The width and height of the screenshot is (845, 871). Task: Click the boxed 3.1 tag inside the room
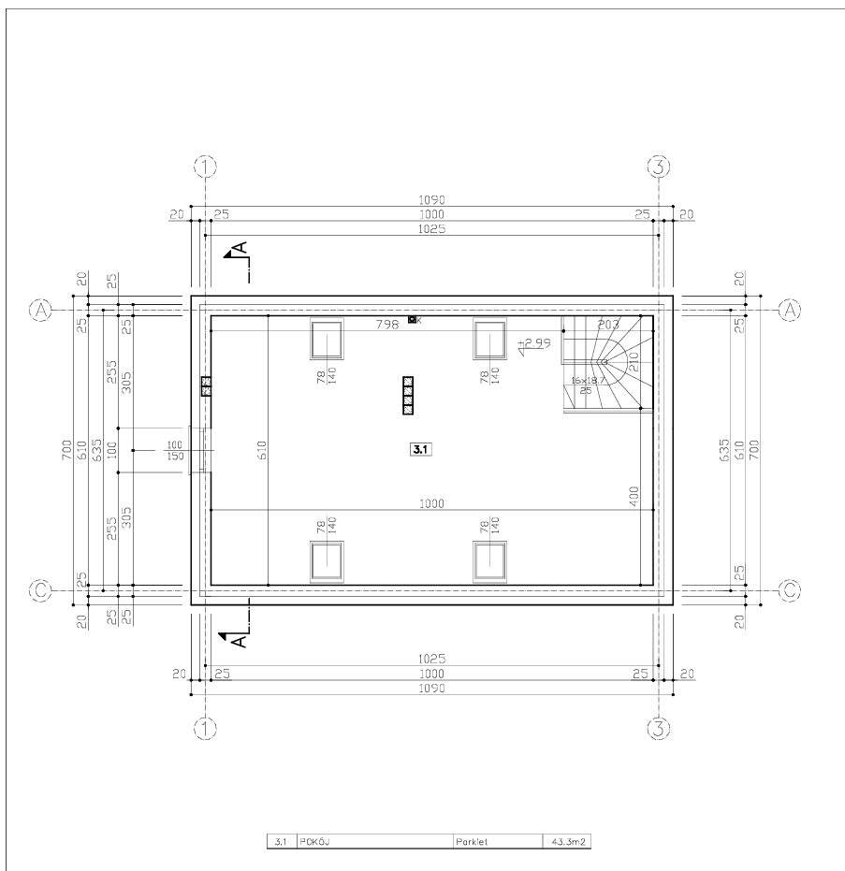pyautogui.click(x=418, y=450)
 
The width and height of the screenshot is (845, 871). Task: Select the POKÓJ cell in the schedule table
pyautogui.click(x=313, y=842)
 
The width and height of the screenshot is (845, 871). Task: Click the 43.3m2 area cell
pyautogui.click(x=566, y=842)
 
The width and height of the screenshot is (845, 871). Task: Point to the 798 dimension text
pyautogui.click(x=386, y=324)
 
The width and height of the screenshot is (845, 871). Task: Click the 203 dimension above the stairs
pyautogui.click(x=608, y=325)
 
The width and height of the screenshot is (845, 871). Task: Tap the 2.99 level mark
pyautogui.click(x=536, y=343)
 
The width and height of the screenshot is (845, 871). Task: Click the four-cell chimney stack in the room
pyautogui.click(x=408, y=395)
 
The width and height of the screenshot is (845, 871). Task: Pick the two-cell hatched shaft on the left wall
pyautogui.click(x=206, y=386)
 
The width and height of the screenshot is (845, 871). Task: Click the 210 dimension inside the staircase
pyautogui.click(x=634, y=360)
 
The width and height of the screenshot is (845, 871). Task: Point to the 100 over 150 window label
pyautogui.click(x=174, y=450)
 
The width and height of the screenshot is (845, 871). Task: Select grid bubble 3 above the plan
pyautogui.click(x=660, y=167)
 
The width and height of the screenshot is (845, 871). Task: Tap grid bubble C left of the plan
pyautogui.click(x=40, y=590)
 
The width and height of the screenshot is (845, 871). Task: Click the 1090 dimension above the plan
pyautogui.click(x=431, y=199)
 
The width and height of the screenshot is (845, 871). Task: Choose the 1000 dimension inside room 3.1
pyautogui.click(x=431, y=503)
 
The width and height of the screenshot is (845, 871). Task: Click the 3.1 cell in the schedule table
pyautogui.click(x=281, y=842)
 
